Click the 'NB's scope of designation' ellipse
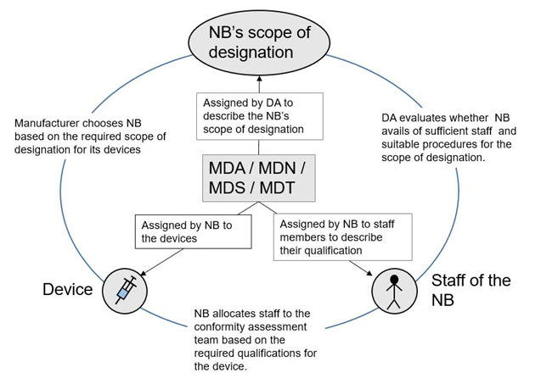[259, 42]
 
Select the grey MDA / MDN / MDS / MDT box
[259, 178]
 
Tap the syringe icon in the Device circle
[126, 290]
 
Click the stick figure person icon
[394, 292]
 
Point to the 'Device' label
[68, 289]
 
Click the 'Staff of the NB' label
[471, 290]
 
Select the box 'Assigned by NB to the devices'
[194, 231]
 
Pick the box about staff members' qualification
[342, 237]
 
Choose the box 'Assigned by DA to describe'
[260, 116]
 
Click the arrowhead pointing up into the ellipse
[259, 78]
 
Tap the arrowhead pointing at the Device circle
[144, 273]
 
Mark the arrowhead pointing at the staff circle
[369, 273]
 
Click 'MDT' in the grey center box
[277, 188]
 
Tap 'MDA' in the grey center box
[226, 168]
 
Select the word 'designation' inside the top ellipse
[251, 53]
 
